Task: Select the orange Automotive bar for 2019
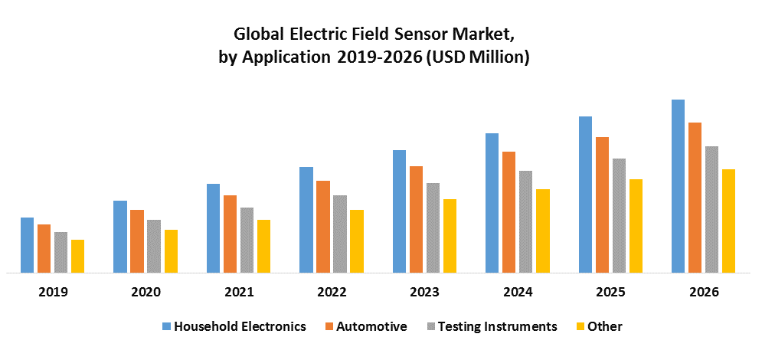point(44,248)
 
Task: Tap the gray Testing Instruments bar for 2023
point(433,227)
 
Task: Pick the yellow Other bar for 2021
point(263,246)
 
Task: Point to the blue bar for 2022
point(306,219)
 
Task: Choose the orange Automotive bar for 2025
point(602,205)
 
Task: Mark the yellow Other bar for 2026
point(728,221)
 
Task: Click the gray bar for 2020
point(153,246)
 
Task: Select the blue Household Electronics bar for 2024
point(492,203)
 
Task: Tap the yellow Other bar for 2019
point(77,256)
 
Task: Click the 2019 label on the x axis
point(52,292)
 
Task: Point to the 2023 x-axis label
point(424,292)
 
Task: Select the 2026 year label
point(703,292)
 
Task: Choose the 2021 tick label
point(238,292)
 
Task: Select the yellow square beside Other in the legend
point(580,326)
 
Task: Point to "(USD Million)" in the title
point(479,57)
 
